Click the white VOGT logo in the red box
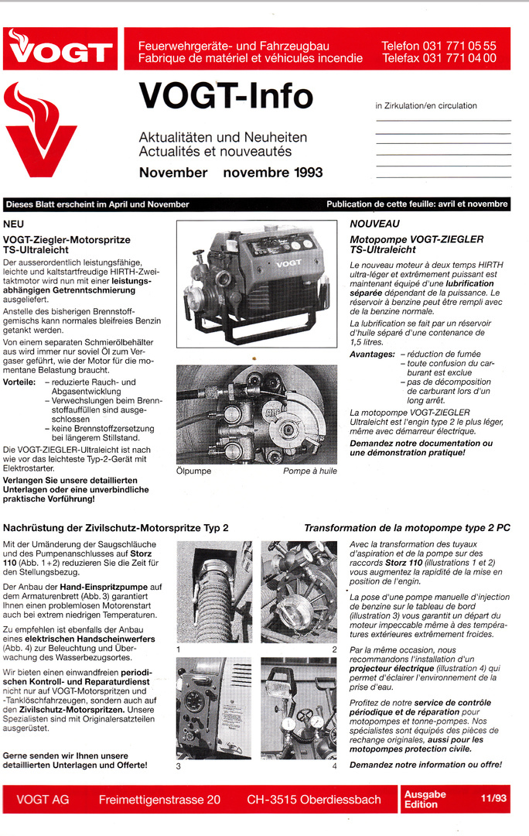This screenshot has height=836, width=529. [60, 50]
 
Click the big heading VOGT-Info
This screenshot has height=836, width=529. [226, 96]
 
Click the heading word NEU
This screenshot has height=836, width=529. [14, 224]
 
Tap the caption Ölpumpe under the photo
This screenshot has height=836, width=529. [193, 471]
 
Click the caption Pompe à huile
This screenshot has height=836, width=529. [309, 471]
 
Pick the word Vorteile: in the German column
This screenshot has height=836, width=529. [19, 382]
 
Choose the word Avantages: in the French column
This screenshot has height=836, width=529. [372, 354]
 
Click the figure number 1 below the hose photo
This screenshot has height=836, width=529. [179, 649]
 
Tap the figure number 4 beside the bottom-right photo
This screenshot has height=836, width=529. [334, 766]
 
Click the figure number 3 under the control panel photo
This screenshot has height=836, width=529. [179, 766]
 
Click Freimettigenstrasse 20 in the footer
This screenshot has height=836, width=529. [159, 800]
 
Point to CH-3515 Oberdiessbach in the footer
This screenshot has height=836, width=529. [314, 800]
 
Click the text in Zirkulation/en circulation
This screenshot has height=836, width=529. [426, 106]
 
